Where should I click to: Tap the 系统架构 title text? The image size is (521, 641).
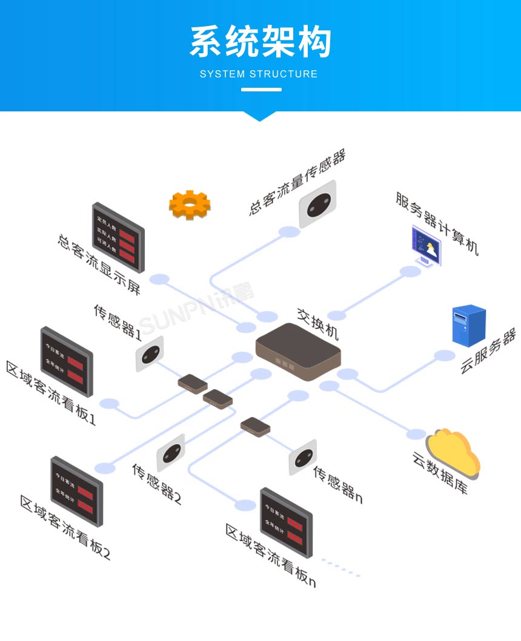pyautogui.click(x=260, y=42)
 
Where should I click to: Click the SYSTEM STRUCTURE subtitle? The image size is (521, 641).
pyautogui.click(x=259, y=74)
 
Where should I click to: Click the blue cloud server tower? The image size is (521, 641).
pyautogui.click(x=469, y=326)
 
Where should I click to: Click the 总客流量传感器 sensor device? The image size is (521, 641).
pyautogui.click(x=317, y=204)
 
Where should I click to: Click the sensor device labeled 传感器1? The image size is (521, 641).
pyautogui.click(x=149, y=353)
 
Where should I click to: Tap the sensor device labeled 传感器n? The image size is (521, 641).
pyautogui.click(x=302, y=457)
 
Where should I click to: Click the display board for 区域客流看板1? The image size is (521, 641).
pyautogui.click(x=66, y=361)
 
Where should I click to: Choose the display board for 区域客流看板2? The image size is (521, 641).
pyautogui.click(x=76, y=491)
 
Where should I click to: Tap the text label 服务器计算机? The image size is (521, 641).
pyautogui.click(x=437, y=224)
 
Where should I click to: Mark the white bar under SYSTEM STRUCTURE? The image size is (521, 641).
pyautogui.click(x=261, y=90)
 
